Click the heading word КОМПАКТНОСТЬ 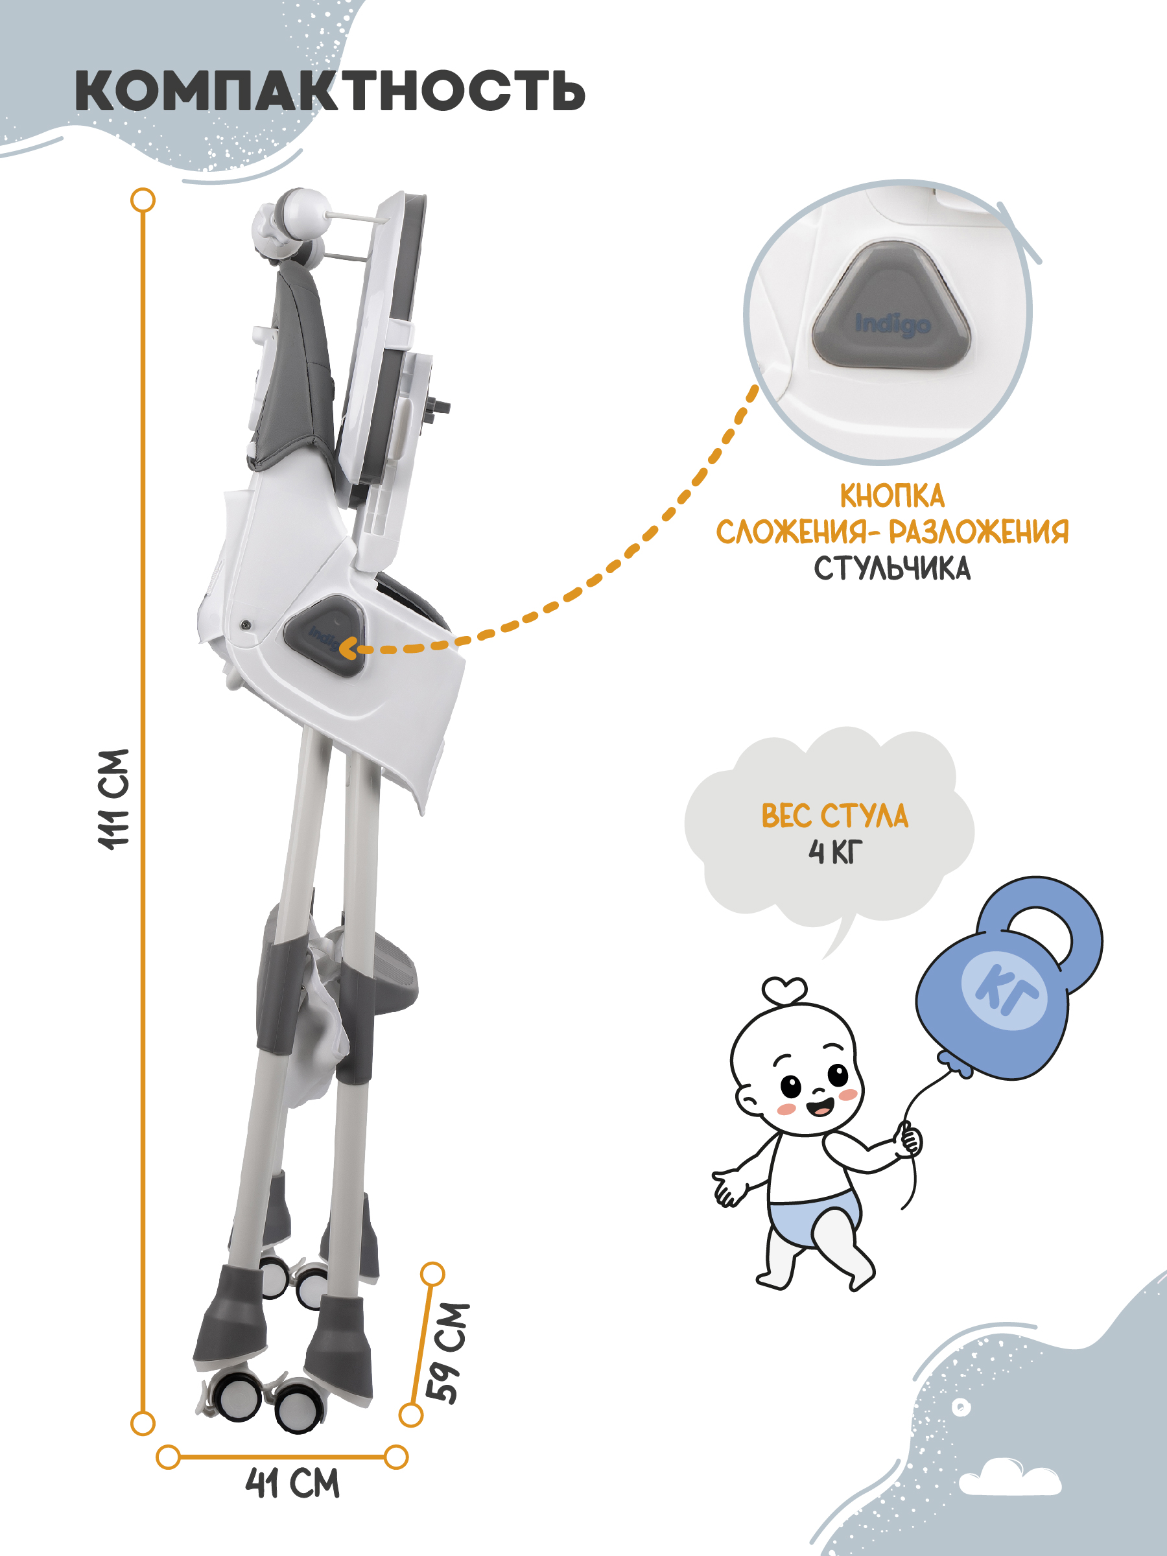click(x=330, y=91)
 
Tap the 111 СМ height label click(x=114, y=799)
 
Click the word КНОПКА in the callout click(x=892, y=497)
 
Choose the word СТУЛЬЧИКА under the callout click(x=892, y=569)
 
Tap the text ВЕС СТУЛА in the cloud click(x=835, y=816)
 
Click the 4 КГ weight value click(x=835, y=852)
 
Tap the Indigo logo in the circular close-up click(x=893, y=325)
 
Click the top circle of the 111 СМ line click(x=143, y=200)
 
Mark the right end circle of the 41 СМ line click(x=396, y=1457)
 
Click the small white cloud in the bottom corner click(x=1009, y=1476)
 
